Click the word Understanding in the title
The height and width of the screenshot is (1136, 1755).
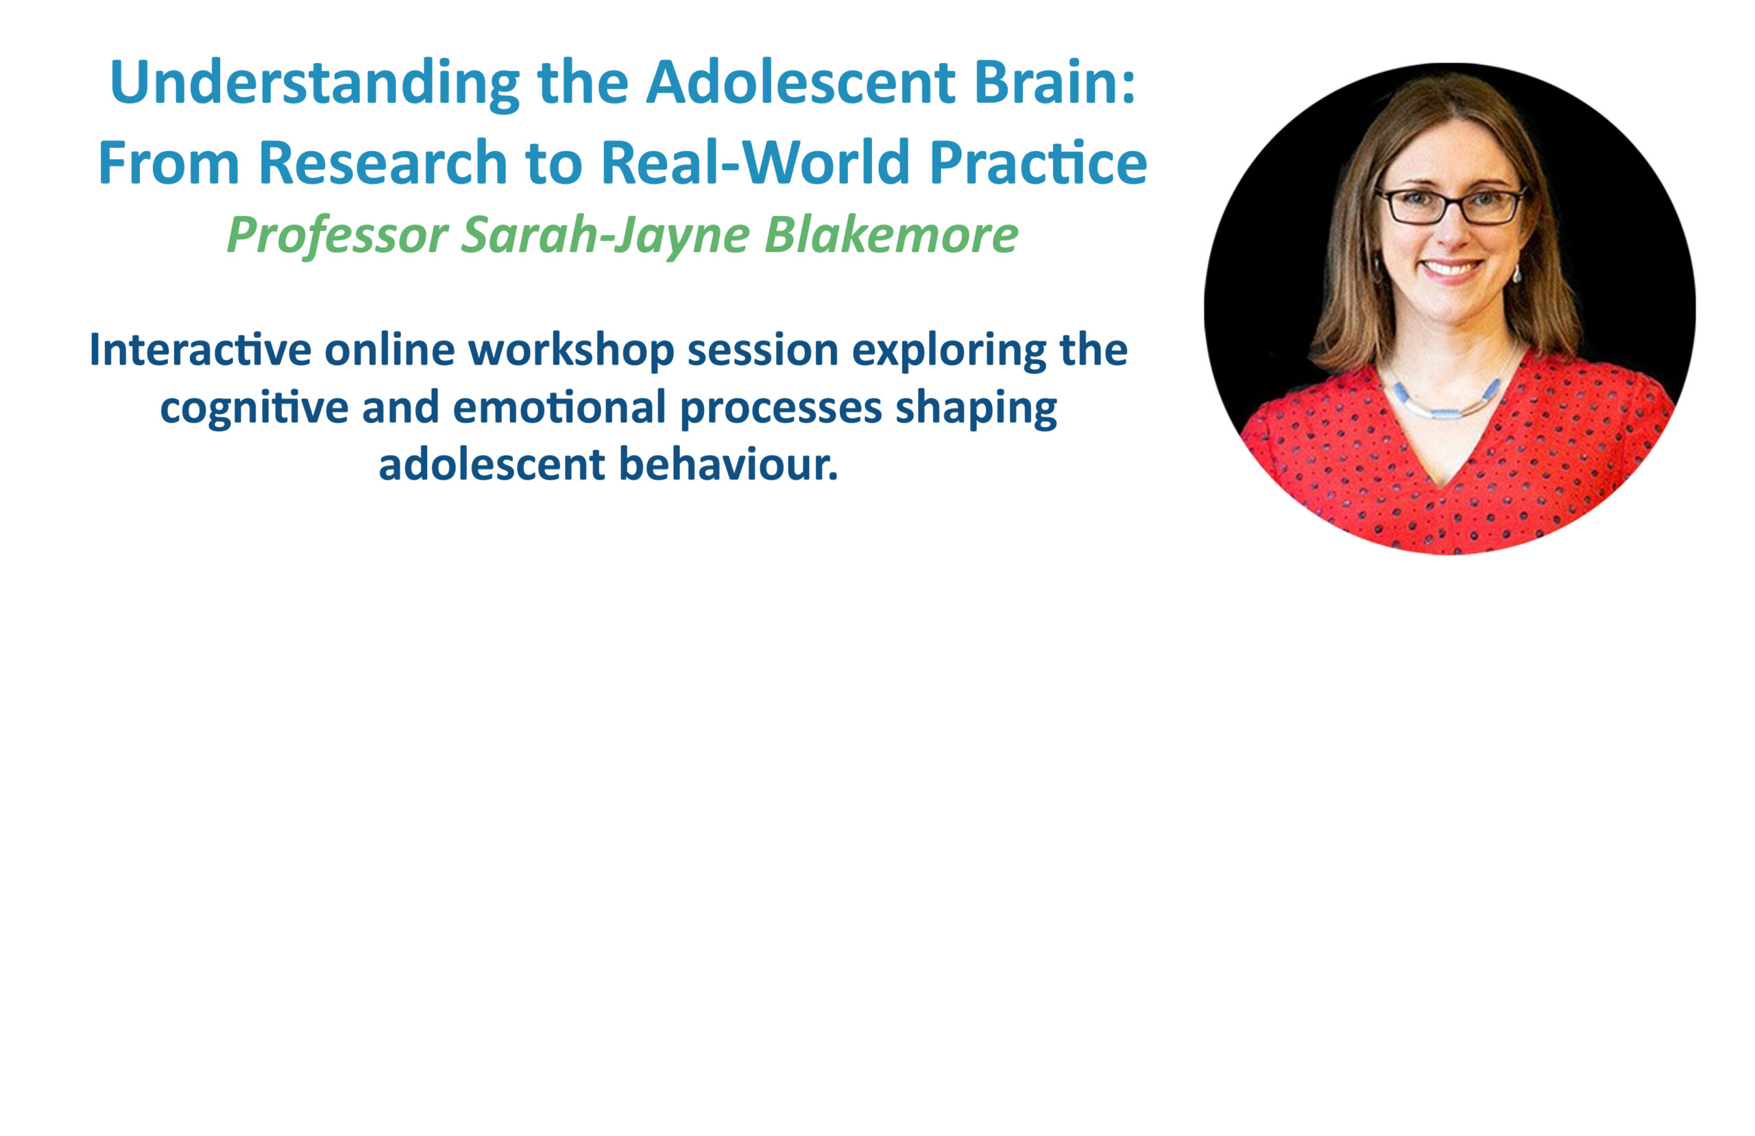(x=315, y=83)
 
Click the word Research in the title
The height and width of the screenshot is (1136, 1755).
(x=383, y=162)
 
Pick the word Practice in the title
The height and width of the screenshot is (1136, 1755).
(x=1037, y=162)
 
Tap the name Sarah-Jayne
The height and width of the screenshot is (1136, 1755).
(x=605, y=236)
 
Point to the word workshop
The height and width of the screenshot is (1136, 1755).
(x=571, y=350)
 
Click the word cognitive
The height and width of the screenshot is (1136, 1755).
(x=254, y=408)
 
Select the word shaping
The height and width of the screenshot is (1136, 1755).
(x=976, y=408)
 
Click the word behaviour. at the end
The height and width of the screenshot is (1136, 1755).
(x=729, y=465)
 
